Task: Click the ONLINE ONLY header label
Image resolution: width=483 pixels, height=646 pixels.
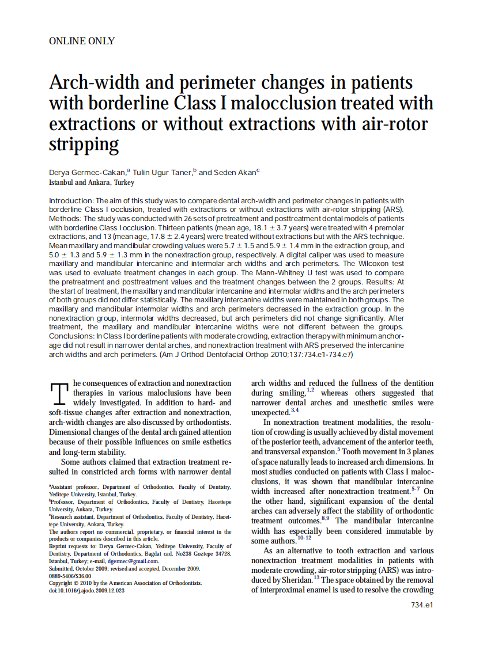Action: [82, 41]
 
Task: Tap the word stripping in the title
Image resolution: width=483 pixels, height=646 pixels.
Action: [84, 144]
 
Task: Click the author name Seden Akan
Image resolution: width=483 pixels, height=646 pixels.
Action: [236, 172]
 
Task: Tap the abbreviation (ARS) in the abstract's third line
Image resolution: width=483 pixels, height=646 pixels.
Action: [391, 209]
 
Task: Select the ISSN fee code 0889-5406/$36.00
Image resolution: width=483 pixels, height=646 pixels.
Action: [70, 575]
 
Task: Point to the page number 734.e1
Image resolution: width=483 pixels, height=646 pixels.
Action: [422, 605]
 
